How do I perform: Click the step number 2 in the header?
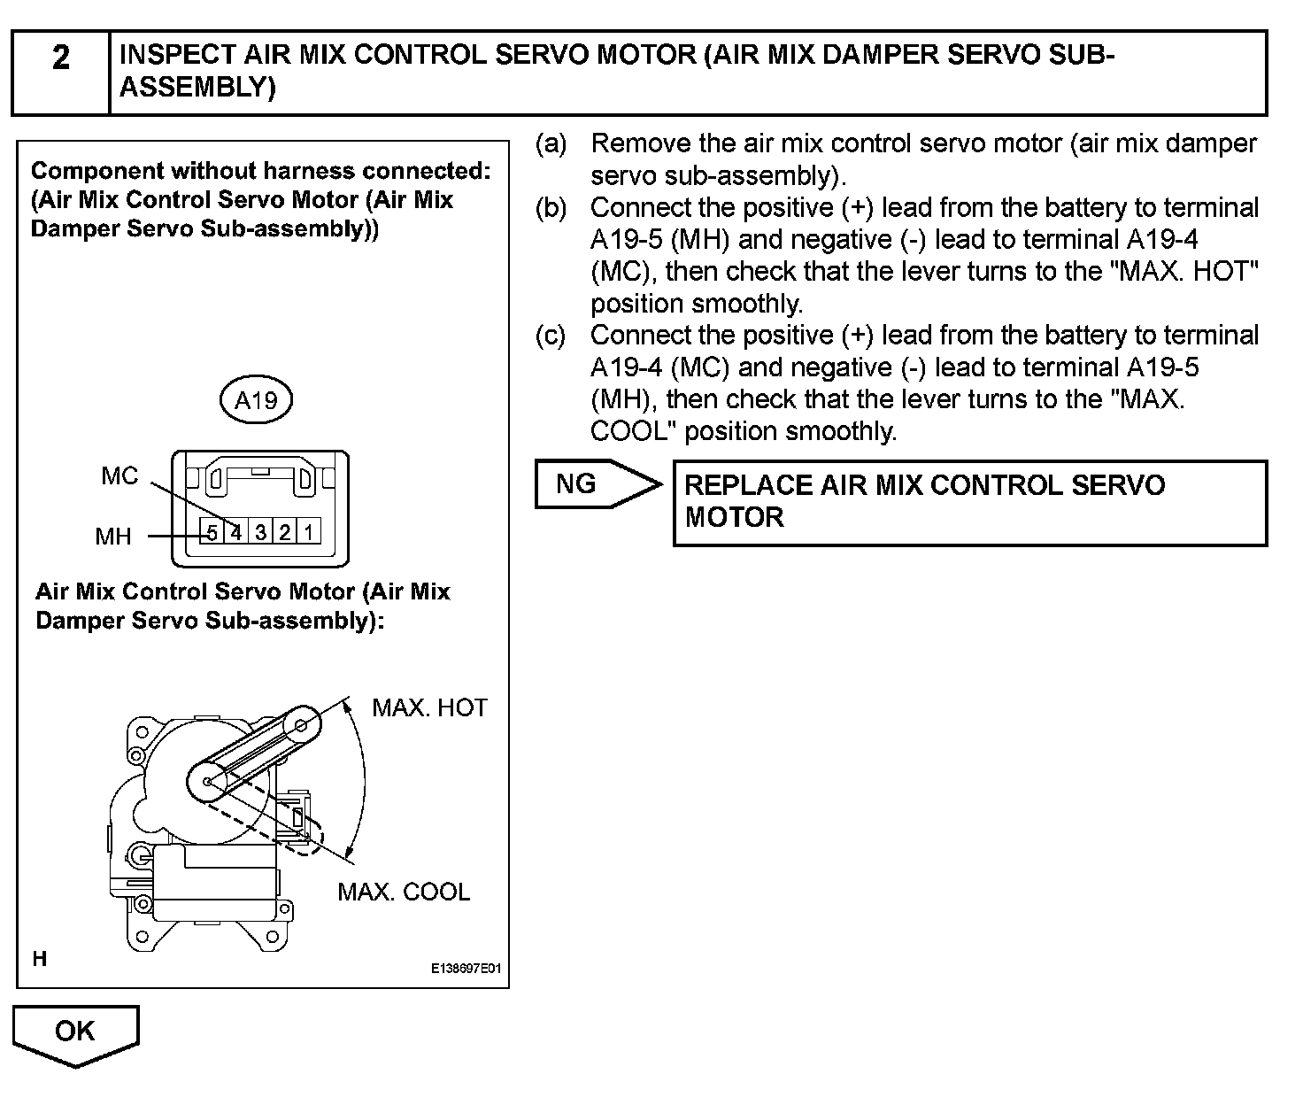[x=60, y=58]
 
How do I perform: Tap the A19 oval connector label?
[x=256, y=400]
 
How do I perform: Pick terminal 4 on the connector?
[x=235, y=532]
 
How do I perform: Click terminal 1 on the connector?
[x=308, y=532]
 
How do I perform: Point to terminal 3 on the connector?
[x=260, y=532]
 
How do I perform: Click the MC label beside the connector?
[x=120, y=476]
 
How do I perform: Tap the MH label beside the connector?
[x=113, y=536]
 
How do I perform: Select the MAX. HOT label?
[x=429, y=707]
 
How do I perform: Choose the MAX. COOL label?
[x=404, y=892]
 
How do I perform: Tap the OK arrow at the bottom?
[x=75, y=1032]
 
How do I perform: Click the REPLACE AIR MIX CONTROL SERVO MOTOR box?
[x=969, y=502]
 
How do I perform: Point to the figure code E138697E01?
[x=466, y=969]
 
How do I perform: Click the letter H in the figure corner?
[x=40, y=958]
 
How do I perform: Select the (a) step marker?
[x=551, y=143]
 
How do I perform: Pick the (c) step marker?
[x=551, y=336]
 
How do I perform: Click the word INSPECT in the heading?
[x=178, y=56]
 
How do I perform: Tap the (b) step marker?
[x=551, y=208]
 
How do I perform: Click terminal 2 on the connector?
[x=284, y=532]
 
